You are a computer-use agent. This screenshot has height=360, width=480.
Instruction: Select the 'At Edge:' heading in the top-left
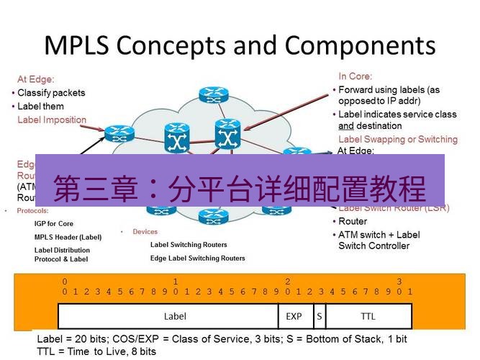36,79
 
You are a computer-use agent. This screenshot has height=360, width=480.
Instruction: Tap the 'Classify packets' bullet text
51,93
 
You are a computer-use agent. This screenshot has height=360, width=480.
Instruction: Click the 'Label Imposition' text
52,120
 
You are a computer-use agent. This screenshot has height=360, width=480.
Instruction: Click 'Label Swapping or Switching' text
397,139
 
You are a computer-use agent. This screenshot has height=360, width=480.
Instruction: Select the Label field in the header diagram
175,315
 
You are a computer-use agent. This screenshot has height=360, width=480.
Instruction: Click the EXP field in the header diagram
294,315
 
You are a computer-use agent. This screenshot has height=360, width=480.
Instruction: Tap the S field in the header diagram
319,315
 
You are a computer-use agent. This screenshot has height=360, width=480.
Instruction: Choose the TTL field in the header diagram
368,315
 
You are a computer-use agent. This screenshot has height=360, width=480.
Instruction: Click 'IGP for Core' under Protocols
54,224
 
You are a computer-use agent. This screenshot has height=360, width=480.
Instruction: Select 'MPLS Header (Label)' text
68,237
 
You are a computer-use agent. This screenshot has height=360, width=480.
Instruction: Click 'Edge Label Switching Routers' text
197,258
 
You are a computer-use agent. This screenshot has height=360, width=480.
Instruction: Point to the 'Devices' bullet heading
145,232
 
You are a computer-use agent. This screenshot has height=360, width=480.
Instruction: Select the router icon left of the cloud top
115,133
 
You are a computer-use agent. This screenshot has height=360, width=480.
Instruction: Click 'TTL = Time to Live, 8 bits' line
96,351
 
